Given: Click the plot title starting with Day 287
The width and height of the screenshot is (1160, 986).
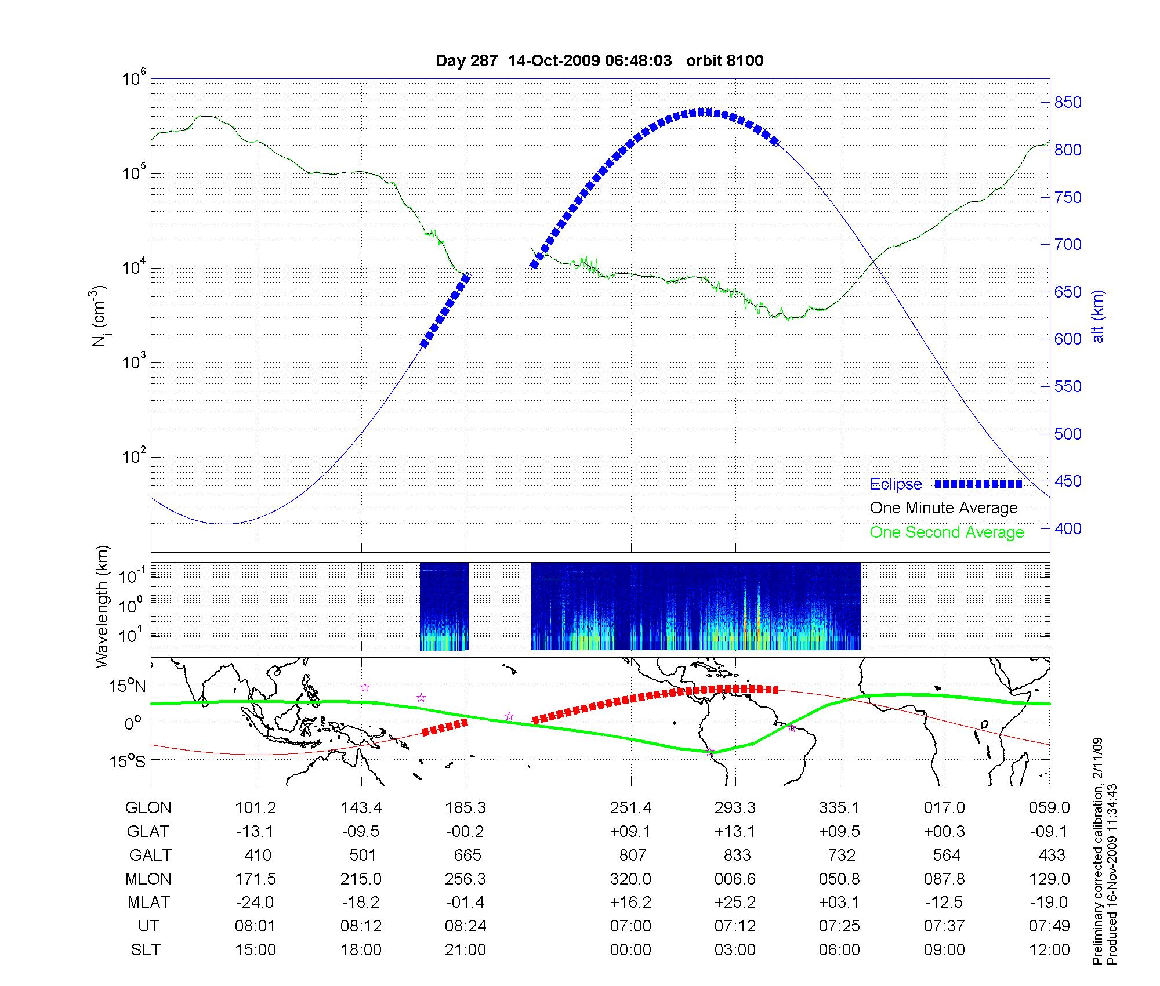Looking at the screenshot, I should (x=599, y=60).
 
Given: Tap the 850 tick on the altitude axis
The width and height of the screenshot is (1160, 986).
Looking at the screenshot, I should (x=1068, y=103).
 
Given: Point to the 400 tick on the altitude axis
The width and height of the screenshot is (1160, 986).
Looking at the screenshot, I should (x=1068, y=528).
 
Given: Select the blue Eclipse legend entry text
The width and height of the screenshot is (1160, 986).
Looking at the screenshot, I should (x=896, y=484).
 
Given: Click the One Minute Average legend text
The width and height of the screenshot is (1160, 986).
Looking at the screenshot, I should (x=944, y=508).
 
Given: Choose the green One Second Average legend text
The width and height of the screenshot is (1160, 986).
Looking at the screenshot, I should (x=947, y=532).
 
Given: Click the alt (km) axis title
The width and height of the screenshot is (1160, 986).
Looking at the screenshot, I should (x=1098, y=316).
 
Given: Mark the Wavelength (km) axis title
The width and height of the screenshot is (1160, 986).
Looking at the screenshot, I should (x=102, y=606).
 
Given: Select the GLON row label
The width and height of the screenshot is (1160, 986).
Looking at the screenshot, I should (x=148, y=808).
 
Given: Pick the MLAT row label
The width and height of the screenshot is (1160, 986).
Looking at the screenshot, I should (x=148, y=902).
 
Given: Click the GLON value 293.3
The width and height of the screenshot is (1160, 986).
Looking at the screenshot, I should (x=735, y=808).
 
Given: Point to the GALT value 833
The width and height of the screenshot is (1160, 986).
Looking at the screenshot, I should (x=737, y=855).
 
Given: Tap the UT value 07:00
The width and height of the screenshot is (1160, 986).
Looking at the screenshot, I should (x=630, y=926).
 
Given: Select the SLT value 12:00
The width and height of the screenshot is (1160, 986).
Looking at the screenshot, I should (x=1049, y=950).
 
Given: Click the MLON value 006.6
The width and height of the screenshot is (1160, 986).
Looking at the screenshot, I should (x=735, y=879).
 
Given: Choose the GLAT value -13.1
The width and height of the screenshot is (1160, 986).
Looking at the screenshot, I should (x=255, y=832).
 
